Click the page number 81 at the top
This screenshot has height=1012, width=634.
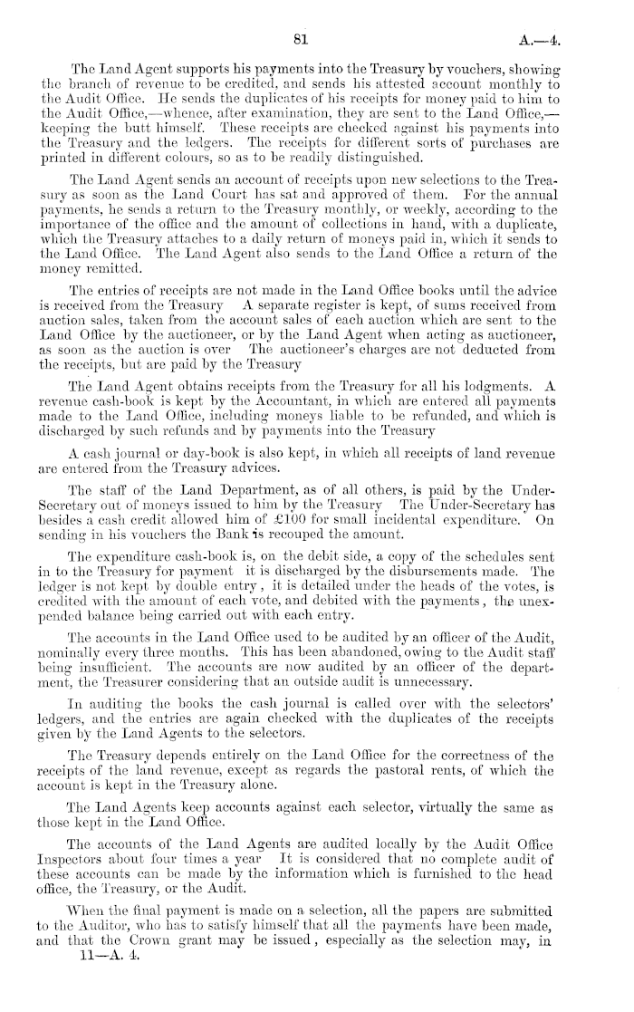coord(303,37)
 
